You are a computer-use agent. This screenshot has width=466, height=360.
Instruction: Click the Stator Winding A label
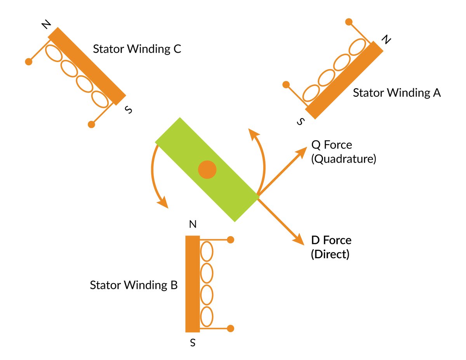(x=396, y=93)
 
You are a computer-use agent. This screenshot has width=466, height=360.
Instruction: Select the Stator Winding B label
(x=134, y=285)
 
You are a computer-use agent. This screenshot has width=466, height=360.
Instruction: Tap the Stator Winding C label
(x=137, y=50)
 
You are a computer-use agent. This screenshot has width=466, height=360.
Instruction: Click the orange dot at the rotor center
(x=207, y=170)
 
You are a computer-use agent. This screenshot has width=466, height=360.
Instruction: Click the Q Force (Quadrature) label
(x=343, y=152)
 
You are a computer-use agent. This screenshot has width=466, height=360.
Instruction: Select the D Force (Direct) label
(x=331, y=247)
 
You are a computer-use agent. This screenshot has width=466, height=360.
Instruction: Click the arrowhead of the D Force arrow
(x=299, y=239)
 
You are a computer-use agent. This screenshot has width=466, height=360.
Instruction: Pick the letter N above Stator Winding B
(x=193, y=224)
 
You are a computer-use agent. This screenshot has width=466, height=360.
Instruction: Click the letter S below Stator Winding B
(x=193, y=343)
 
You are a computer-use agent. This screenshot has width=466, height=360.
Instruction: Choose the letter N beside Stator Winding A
(x=385, y=40)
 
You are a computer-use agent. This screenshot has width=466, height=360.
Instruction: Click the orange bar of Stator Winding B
(x=193, y=283)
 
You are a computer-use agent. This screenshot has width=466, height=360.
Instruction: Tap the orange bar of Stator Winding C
(x=87, y=66)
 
